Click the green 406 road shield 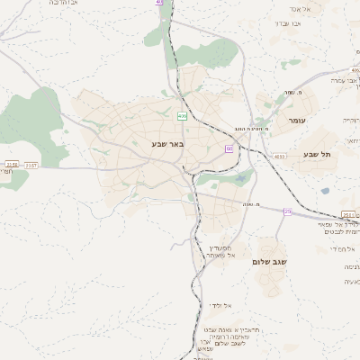(x=182, y=115)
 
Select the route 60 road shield (x=229, y=148)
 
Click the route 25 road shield (x=287, y=211)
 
